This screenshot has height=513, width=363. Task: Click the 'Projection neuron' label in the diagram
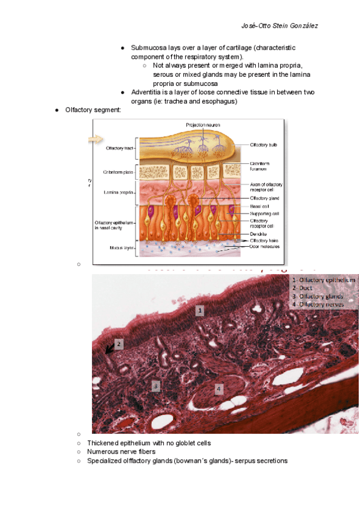pyautogui.click(x=203, y=125)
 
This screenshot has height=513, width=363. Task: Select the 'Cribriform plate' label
pyautogui.click(x=118, y=171)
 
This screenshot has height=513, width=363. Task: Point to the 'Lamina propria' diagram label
pyautogui.click(x=119, y=192)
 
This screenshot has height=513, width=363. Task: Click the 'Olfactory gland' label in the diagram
pyautogui.click(x=265, y=198)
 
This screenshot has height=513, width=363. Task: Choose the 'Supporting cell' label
pyautogui.click(x=264, y=213)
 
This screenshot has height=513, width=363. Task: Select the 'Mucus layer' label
pyautogui.click(x=121, y=247)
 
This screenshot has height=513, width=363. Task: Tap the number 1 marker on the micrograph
pyautogui.click(x=200, y=310)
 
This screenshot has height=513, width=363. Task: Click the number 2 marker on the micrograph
pyautogui.click(x=119, y=344)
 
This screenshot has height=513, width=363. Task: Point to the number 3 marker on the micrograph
pyautogui.click(x=156, y=385)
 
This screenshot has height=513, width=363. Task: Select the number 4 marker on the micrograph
pyautogui.click(x=219, y=388)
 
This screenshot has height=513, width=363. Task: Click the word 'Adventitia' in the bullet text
pyautogui.click(x=146, y=92)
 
